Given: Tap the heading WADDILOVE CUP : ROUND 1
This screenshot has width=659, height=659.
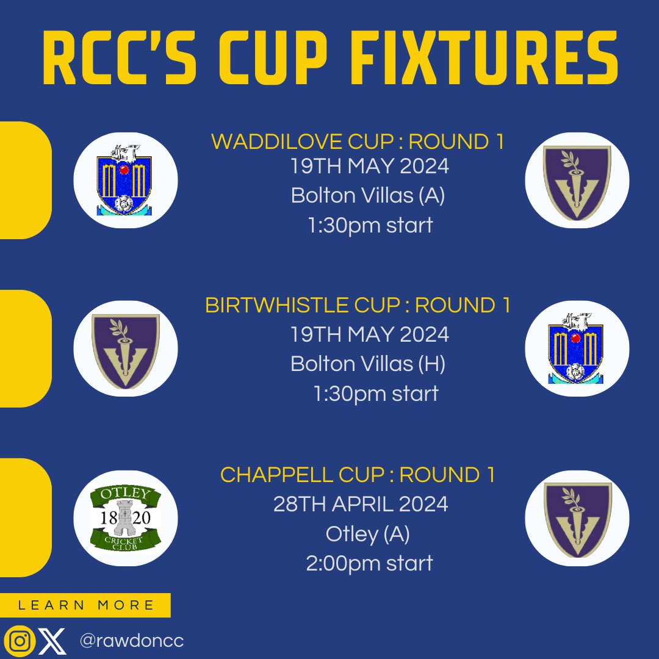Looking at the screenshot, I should pyautogui.click(x=358, y=142).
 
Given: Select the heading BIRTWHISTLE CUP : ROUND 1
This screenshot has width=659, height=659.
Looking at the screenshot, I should pyautogui.click(x=358, y=305).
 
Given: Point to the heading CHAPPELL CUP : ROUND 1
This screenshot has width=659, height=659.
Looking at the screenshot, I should pyautogui.click(x=358, y=475).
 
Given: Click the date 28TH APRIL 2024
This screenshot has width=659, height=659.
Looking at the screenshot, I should pyautogui.click(x=361, y=505).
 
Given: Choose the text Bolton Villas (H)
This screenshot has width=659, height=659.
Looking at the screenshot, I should pyautogui.click(x=368, y=364).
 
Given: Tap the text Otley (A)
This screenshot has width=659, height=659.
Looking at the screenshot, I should pyautogui.click(x=368, y=534).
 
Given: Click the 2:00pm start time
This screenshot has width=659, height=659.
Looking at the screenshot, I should pyautogui.click(x=369, y=563).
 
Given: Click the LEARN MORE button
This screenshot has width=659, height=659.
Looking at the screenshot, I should pyautogui.click(x=85, y=605).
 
